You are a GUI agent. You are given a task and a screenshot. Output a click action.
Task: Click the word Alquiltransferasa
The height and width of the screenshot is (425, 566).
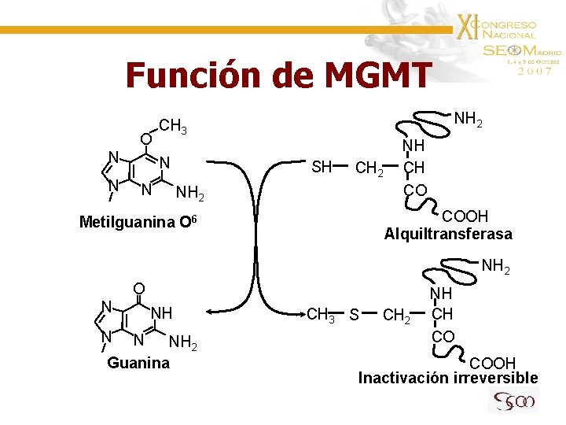pyautogui.click(x=448, y=234)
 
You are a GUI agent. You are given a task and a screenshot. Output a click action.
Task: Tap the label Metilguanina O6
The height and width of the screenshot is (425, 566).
pyautogui.click(x=141, y=222)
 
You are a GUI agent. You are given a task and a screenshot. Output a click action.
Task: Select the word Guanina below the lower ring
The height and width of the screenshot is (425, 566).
pyautogui.click(x=138, y=363)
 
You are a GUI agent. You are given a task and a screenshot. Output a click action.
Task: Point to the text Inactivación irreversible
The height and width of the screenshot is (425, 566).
pyautogui.click(x=448, y=378)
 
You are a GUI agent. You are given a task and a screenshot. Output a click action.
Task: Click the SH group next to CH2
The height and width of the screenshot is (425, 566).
pyautogui.click(x=322, y=167)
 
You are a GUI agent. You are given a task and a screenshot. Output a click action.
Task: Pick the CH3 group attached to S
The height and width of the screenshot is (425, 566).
pyautogui.click(x=321, y=316)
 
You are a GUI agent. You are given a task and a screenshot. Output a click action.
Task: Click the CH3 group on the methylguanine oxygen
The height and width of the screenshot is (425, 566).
pyautogui.click(x=172, y=126)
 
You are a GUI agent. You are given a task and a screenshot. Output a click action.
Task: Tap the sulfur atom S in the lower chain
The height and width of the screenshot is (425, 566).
pyautogui.click(x=355, y=316)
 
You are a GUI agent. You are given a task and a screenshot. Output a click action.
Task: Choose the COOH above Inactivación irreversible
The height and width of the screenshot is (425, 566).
pyautogui.click(x=492, y=363)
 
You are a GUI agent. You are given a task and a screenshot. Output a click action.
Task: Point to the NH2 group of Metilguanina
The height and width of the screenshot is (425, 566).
pyautogui.click(x=191, y=194)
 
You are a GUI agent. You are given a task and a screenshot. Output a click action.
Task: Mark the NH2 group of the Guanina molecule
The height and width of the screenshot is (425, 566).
pyautogui.click(x=183, y=342)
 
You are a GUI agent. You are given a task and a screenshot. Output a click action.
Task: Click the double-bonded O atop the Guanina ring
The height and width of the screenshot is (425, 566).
pyautogui.click(x=138, y=288)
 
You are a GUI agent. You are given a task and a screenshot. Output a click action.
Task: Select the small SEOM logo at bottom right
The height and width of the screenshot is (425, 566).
pyautogui.click(x=513, y=402)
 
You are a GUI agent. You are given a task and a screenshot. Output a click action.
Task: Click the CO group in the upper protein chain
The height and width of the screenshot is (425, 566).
pyautogui.click(x=414, y=190)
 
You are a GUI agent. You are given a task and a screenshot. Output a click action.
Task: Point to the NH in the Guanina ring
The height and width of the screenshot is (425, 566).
pyautogui.click(x=161, y=312)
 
